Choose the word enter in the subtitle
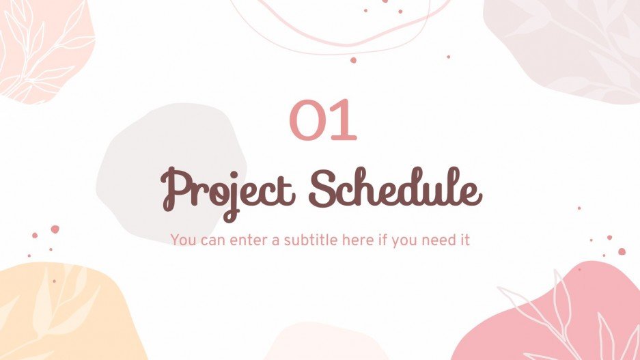[249, 240]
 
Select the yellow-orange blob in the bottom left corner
[61, 314]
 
